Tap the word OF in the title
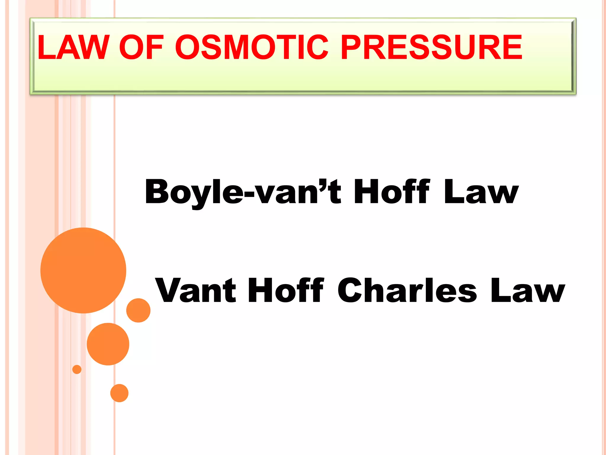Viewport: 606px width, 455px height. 141,47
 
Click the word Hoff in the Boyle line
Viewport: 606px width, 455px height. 391,192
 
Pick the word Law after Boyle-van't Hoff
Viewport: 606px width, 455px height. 481,192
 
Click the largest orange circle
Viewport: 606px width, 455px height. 83,270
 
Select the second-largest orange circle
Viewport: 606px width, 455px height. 108,344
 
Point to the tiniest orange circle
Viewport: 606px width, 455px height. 77,369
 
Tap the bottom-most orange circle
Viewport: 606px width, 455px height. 119,393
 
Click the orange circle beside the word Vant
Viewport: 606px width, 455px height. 138,310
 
